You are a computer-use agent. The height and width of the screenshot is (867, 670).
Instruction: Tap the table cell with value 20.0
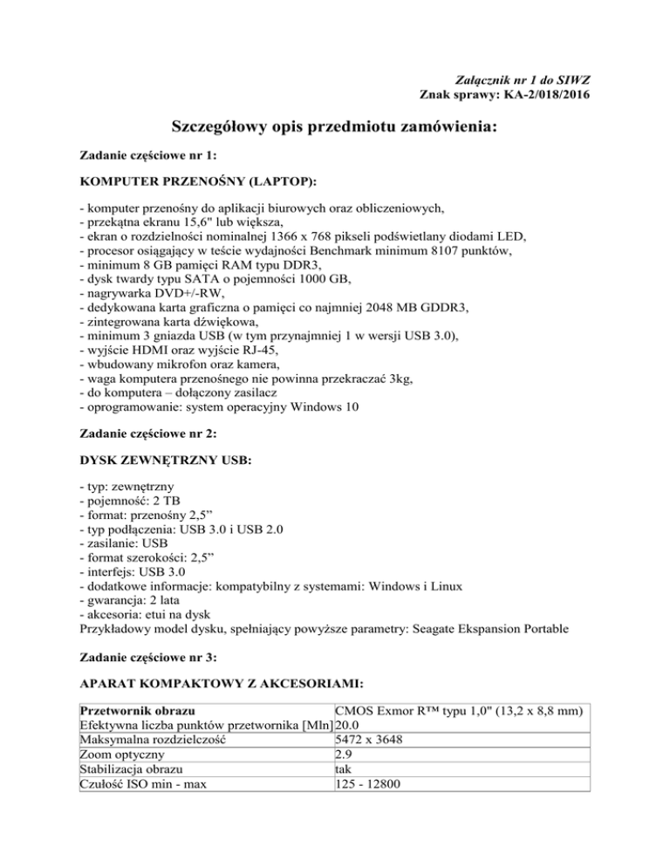pos(348,726)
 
